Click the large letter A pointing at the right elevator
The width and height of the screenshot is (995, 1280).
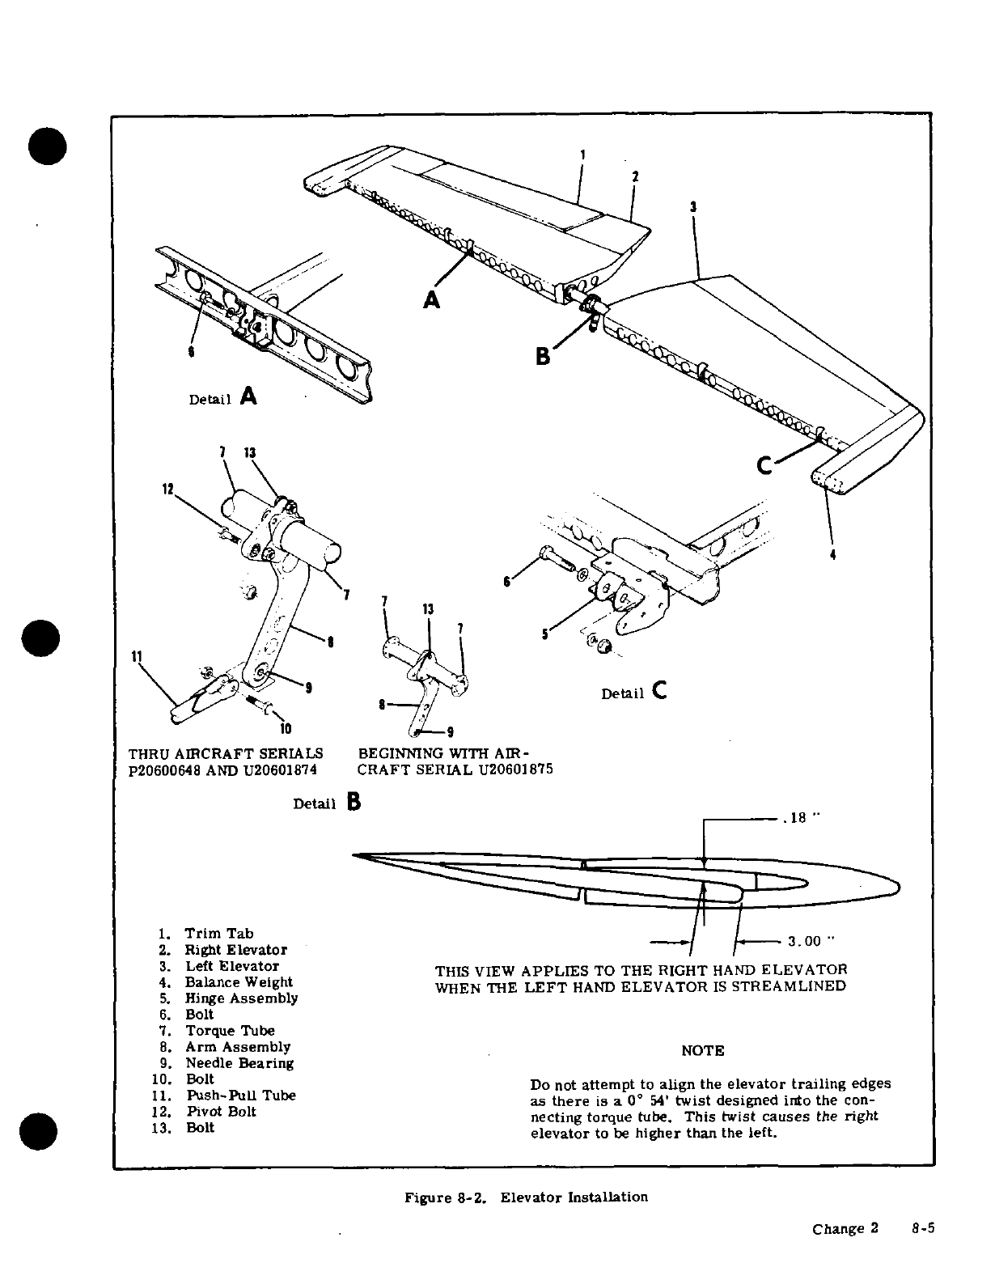click(432, 299)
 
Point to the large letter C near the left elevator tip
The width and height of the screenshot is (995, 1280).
click(765, 465)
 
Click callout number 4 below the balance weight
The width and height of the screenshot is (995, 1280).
click(832, 555)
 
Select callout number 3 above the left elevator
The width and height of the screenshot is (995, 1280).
click(693, 206)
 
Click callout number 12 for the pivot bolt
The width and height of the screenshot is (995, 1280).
click(168, 489)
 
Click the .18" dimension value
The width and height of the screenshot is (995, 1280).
click(800, 818)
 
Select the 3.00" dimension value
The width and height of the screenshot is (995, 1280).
click(810, 941)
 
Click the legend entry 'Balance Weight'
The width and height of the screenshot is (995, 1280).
click(239, 982)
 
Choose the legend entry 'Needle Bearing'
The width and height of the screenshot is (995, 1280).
click(239, 1063)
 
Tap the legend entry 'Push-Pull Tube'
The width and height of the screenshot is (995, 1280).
click(241, 1096)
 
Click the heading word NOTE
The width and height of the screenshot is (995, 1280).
click(702, 1051)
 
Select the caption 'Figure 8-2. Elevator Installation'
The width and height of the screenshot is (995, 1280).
click(526, 1197)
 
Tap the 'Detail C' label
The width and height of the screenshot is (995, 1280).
click(634, 692)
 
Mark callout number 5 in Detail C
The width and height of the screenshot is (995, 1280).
click(544, 634)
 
